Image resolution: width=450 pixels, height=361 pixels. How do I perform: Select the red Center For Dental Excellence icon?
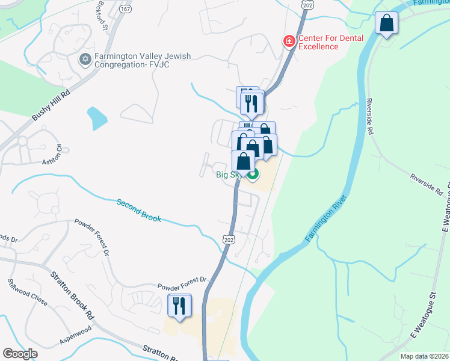(289, 42)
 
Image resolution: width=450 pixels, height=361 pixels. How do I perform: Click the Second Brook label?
(139, 211)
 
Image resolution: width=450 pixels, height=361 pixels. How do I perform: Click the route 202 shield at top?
(308, 5)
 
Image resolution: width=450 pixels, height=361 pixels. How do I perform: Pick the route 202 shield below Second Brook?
(228, 239)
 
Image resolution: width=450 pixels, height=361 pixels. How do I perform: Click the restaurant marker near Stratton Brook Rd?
(179, 306)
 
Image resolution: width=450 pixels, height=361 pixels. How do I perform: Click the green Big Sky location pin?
(253, 175)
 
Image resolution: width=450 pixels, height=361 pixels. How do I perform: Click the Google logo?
(20, 354)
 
